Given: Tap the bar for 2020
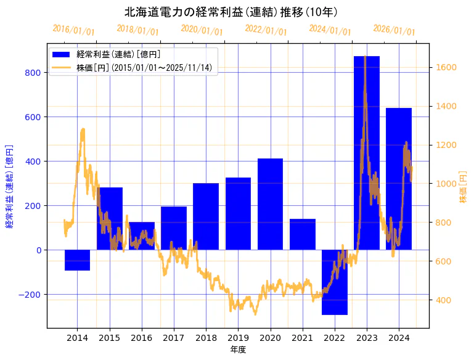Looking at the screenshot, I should click(x=270, y=204).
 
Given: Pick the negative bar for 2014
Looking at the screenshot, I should click(x=77, y=260).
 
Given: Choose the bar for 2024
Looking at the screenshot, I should click(x=399, y=179).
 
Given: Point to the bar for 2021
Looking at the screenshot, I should click(x=303, y=234).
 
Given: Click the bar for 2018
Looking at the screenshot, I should click(x=206, y=216).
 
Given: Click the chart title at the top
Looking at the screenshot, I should click(x=231, y=12).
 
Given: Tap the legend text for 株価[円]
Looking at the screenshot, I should click(x=145, y=68).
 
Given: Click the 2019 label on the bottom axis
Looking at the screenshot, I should click(x=238, y=338).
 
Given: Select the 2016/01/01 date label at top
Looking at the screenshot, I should click(x=73, y=30).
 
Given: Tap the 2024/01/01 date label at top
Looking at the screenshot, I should click(x=330, y=30).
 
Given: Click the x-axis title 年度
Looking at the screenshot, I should click(x=238, y=350).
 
